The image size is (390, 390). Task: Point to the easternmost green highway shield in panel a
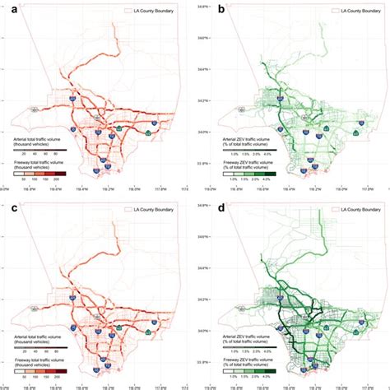(148, 132)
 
